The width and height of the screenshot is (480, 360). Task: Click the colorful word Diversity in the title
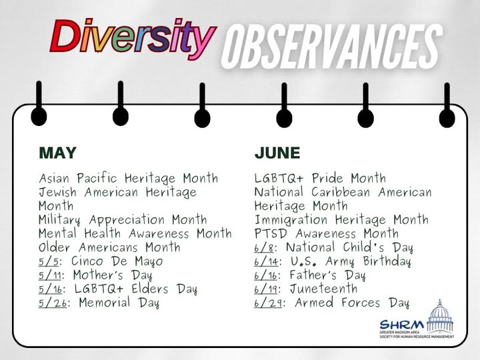133,39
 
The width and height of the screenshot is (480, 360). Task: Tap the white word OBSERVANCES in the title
332,47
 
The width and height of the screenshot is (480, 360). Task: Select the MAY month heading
57,153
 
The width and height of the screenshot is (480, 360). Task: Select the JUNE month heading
277,153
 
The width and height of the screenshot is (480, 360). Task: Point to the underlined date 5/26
53,303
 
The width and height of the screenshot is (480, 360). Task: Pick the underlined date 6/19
266,289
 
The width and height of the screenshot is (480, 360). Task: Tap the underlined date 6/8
264,248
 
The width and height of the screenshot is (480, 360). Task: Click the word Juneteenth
323,289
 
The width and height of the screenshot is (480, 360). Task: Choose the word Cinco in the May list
87,261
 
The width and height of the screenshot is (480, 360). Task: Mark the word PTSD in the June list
271,234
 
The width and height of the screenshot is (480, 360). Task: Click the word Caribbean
341,192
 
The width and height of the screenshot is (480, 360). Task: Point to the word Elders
150,289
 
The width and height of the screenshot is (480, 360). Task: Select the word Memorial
105,303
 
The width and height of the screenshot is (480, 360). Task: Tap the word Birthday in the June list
387,261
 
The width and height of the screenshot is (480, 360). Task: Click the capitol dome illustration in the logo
440,317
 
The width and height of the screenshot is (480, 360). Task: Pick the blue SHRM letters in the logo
402,325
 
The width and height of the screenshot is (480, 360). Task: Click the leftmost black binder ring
39,104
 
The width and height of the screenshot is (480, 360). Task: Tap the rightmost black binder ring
447,105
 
